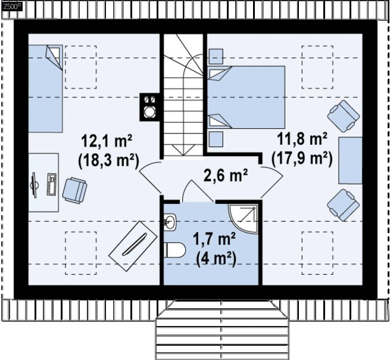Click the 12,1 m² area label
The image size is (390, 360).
tap(107, 141)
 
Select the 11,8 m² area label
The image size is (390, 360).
tap(302, 139)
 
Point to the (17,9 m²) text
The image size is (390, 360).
tap(302, 159)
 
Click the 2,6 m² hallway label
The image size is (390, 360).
tap(226, 175)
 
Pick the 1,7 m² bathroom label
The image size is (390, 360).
tap(214, 240)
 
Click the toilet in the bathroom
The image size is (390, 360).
tap(174, 250)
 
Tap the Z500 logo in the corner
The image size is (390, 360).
tap(12, 6)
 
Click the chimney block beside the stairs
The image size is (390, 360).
tap(149, 107)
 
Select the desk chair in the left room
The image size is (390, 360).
tap(74, 190)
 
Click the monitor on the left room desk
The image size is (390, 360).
tap(34, 185)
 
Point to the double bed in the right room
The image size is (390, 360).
tap(246, 97)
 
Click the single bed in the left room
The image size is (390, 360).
tap(45, 89)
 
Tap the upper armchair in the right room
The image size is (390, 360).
tap(344, 116)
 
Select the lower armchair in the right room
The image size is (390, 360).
tap(344, 205)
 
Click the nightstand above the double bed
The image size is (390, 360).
tap(216, 56)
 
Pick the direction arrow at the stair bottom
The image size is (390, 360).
tap(183, 150)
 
